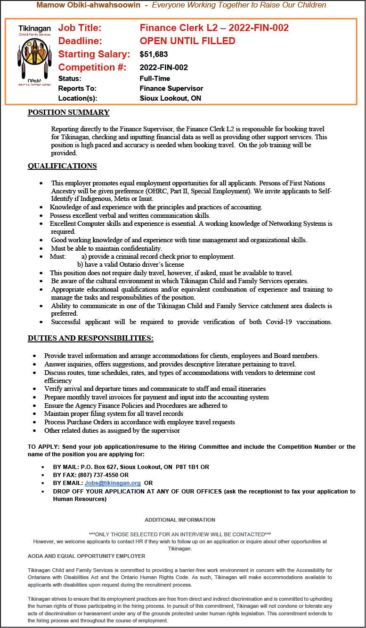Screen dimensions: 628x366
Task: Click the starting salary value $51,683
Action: point(154,55)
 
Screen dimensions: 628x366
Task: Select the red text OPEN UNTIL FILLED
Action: point(187,41)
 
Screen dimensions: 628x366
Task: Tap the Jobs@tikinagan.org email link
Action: point(113,483)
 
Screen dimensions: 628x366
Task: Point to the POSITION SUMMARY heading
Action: point(68,112)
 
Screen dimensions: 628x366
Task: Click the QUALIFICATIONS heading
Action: point(62,166)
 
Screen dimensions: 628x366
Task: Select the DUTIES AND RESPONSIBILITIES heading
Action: point(90,338)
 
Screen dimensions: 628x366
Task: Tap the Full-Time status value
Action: point(155,79)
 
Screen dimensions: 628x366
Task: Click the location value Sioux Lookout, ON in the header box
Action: point(171,98)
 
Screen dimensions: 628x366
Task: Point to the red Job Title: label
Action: point(80,28)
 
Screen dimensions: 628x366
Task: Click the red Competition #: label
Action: point(92,67)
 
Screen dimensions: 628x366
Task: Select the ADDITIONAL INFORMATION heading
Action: point(180,520)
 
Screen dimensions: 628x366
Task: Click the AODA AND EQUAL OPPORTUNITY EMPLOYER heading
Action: point(86,556)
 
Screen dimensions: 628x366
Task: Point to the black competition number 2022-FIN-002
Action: point(164,67)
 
